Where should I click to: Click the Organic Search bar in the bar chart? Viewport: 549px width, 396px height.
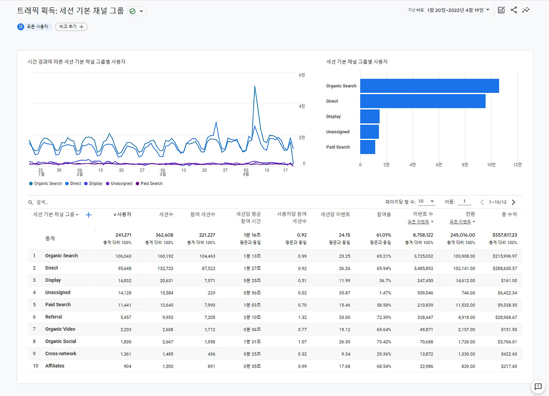(429, 86)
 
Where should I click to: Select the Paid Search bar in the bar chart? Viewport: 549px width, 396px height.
(368, 147)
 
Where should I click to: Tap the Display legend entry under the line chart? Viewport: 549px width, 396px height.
(94, 183)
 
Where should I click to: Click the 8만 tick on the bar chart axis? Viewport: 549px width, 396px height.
(465, 164)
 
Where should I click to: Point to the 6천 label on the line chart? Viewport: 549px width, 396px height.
(302, 75)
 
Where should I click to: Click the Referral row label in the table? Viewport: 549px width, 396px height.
(54, 317)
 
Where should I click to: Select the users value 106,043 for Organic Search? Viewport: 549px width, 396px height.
(123, 256)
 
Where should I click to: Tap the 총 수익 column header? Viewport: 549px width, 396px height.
(509, 214)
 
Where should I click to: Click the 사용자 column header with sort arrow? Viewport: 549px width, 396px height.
(122, 214)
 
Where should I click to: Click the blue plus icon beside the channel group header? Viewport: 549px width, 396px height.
(89, 215)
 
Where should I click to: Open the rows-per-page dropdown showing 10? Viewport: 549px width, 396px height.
(426, 201)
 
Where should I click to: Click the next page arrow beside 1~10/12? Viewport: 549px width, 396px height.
(513, 202)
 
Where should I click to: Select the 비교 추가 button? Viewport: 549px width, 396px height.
(71, 27)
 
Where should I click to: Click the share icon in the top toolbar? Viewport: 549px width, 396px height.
(513, 10)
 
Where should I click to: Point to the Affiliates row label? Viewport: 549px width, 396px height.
(55, 366)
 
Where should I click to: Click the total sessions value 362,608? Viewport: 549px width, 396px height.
(164, 235)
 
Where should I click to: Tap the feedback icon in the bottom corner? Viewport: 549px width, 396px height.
(537, 386)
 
